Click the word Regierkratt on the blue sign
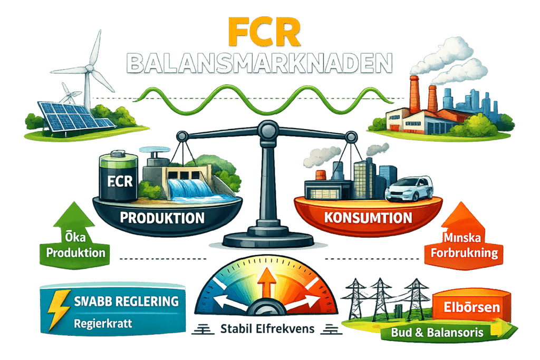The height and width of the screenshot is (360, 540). pos(102,323)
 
